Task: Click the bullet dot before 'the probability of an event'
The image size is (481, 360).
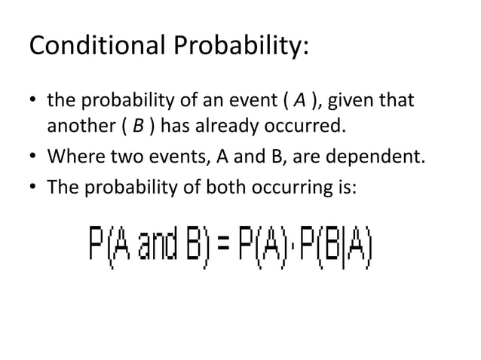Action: (x=33, y=100)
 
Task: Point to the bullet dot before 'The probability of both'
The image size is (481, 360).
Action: (x=33, y=185)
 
